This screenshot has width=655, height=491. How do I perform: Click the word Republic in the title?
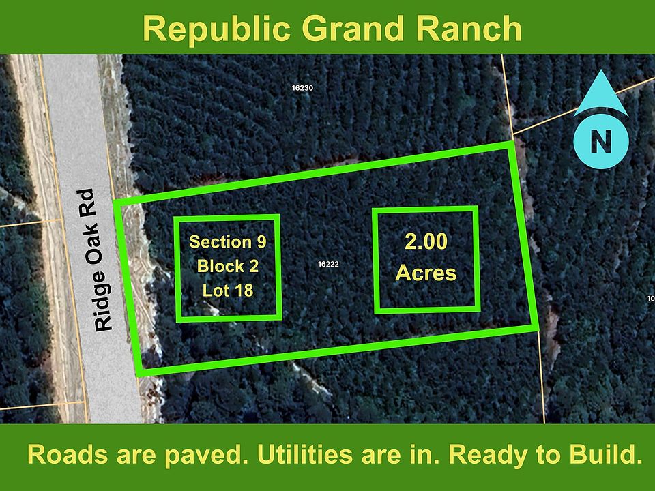(x=216, y=29)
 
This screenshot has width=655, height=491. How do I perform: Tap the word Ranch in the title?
(x=469, y=29)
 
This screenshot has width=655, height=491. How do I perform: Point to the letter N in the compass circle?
(x=601, y=141)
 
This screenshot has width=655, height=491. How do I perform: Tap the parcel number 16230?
(x=302, y=88)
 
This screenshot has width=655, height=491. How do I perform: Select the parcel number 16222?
(x=328, y=264)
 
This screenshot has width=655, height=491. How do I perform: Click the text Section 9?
(x=228, y=241)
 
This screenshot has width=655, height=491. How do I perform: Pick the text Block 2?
(x=228, y=266)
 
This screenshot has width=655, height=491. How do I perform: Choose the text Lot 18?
(x=228, y=291)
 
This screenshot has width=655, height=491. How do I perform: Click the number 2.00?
(x=426, y=241)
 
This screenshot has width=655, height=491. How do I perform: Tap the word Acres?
(x=426, y=273)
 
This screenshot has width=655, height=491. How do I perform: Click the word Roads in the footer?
(x=68, y=455)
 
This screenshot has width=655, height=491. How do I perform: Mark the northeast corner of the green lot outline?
(x=512, y=144)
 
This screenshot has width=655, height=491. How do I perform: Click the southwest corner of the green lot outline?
(x=139, y=373)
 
